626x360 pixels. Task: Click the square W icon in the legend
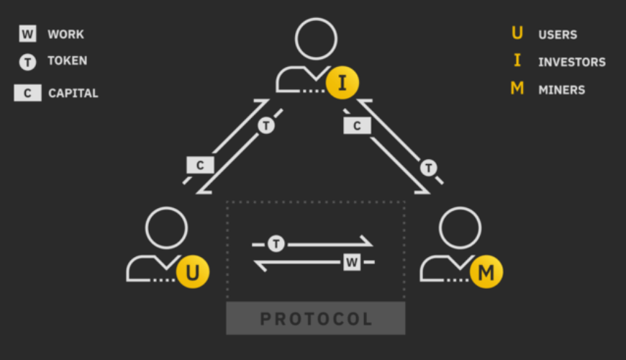(27, 34)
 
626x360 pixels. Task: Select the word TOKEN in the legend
(67, 61)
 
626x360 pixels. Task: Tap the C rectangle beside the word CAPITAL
(27, 93)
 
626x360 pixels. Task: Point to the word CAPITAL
(73, 93)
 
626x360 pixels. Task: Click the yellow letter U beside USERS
(517, 34)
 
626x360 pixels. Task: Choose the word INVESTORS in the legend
(571, 63)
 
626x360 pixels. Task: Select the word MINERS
(561, 90)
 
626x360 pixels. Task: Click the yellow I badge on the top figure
(342, 84)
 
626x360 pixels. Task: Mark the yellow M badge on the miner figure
(486, 272)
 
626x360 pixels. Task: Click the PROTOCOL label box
(316, 318)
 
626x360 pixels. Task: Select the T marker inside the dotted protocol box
(276, 244)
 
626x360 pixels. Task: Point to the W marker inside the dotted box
(351, 262)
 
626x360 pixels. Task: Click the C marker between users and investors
(200, 165)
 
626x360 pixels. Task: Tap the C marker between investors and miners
(357, 126)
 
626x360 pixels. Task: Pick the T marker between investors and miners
(429, 168)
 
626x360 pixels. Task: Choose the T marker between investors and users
(266, 126)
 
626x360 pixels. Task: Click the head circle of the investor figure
(315, 39)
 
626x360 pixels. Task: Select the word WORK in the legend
(65, 34)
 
